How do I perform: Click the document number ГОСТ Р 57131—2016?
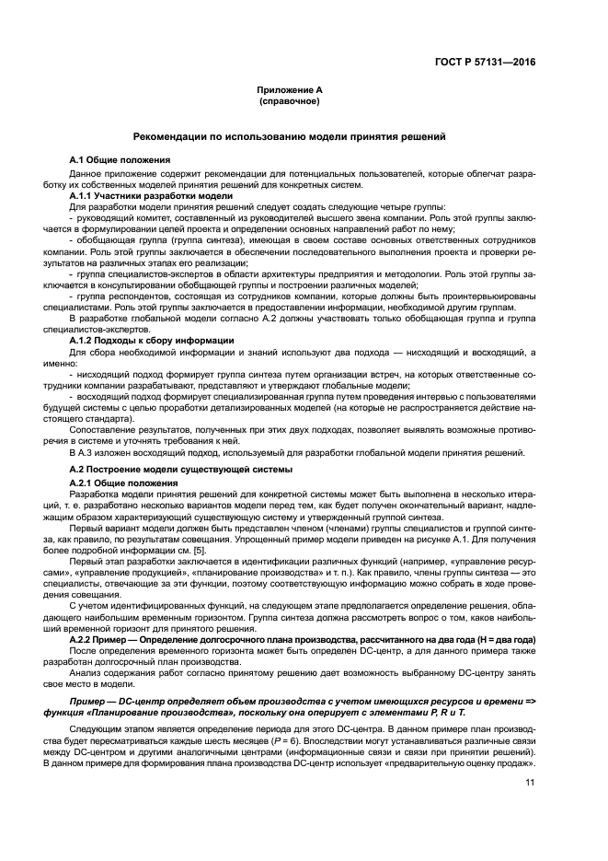pyautogui.click(x=485, y=62)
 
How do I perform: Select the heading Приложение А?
pyautogui.click(x=290, y=91)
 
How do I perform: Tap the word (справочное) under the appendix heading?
pyautogui.click(x=290, y=101)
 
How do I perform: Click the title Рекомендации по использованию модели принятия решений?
pyautogui.click(x=290, y=136)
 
